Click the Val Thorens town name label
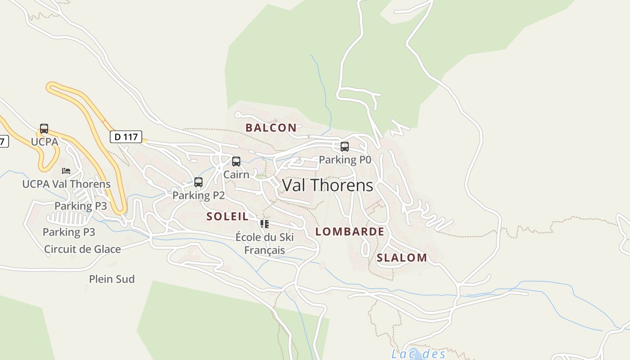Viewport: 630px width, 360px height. point(327,185)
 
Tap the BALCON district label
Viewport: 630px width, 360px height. point(271,128)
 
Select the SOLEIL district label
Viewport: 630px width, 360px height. point(227,216)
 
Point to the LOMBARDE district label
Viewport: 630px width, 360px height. point(350,232)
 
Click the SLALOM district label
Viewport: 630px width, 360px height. point(402,258)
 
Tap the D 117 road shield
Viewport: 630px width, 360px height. point(126,137)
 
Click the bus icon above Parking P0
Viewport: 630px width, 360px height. point(345,147)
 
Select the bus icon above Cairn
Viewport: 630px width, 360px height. point(236,162)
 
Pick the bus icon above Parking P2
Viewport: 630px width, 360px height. point(198,182)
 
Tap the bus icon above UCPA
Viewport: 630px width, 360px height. point(44,129)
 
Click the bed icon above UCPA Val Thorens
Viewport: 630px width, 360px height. point(66,171)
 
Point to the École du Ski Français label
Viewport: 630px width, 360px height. point(265,243)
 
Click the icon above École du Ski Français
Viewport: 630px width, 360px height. point(265,224)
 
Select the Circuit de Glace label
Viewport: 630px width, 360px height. point(82,249)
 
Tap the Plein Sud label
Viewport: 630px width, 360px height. point(112,279)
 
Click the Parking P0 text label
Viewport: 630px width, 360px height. point(345,160)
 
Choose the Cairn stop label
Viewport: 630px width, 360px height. point(236,175)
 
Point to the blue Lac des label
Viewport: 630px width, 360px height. point(418,354)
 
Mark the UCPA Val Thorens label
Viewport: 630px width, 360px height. point(66,184)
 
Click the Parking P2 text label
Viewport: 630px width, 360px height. point(198,195)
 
